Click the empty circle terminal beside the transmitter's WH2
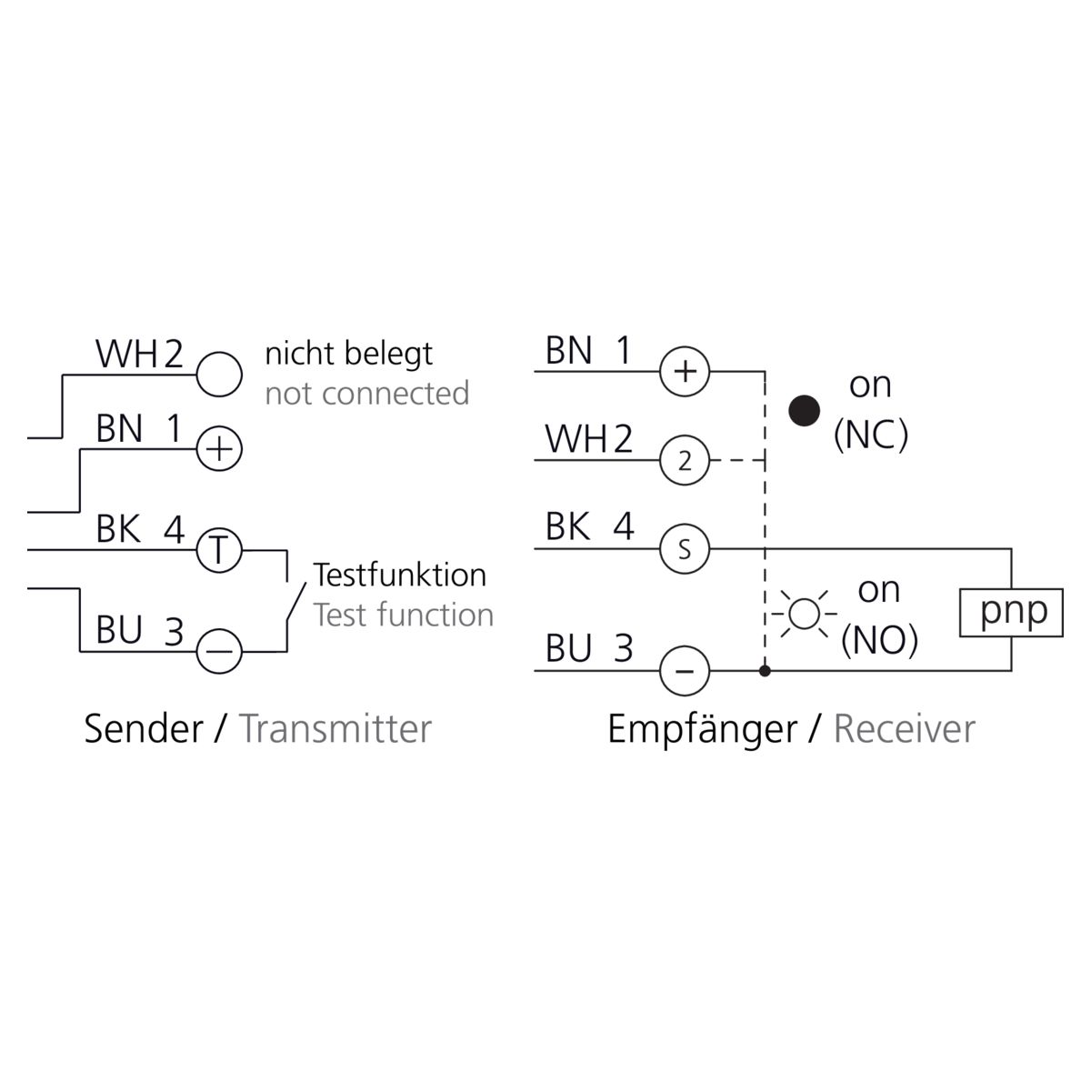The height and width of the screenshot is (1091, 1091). coord(219,374)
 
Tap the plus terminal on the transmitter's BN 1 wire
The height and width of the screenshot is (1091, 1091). coord(219,448)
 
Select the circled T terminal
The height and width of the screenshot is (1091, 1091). coord(219,550)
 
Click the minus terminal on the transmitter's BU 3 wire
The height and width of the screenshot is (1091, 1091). coord(219,651)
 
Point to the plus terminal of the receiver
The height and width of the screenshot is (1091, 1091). coord(684,372)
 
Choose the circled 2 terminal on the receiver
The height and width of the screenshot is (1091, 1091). coord(684,460)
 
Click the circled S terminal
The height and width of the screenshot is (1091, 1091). coord(684,549)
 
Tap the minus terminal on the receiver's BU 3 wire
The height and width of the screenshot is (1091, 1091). coord(684,672)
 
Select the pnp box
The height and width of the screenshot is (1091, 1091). coord(1012,611)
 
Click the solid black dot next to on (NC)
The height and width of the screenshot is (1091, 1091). coord(805,411)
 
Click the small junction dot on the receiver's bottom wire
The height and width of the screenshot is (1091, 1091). coord(766,672)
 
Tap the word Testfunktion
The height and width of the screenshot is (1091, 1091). coord(400,575)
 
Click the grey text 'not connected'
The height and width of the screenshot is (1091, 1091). coord(367,394)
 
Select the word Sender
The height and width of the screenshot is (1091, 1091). coord(143,728)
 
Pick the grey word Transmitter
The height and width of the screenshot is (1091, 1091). coord(335,728)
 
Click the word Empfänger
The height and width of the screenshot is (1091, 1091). coord(702,729)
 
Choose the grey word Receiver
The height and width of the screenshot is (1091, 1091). coord(904,728)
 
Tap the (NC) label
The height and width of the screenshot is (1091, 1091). coord(870,436)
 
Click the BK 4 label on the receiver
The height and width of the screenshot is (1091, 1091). coord(589,526)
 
